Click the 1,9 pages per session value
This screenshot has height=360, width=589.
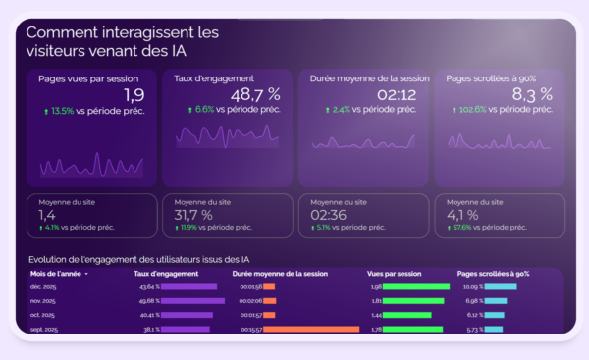tap(134, 94)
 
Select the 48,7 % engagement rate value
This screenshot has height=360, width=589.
tap(254, 94)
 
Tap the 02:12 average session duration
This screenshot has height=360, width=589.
tap(397, 94)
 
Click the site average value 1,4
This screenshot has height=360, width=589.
tap(46, 215)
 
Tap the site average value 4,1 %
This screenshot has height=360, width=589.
tap(462, 215)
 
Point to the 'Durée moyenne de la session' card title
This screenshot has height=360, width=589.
tap(369, 78)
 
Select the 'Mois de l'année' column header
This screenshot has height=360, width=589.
tap(57, 274)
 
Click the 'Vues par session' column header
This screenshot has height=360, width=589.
tap(394, 274)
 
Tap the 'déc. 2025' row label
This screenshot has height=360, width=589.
tap(44, 287)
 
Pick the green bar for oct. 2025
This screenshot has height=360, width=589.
tap(403, 315)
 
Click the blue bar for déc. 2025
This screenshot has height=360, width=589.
tap(500, 287)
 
